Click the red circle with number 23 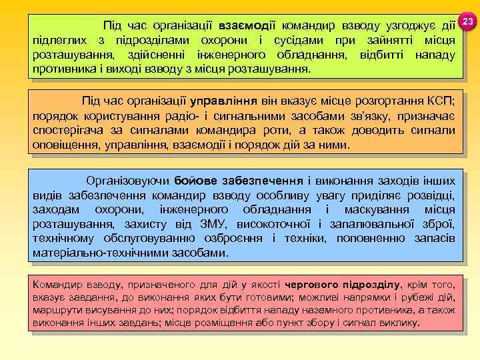[467, 22]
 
